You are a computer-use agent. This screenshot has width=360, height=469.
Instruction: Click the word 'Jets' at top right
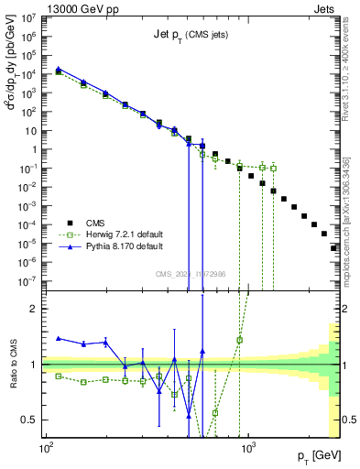coord(328,7)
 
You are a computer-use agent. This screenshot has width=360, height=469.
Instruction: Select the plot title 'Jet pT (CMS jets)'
coord(190,33)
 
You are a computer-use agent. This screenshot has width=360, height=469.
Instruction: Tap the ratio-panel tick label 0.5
coord(31,420)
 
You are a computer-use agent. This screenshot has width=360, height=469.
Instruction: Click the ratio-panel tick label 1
coord(35,365)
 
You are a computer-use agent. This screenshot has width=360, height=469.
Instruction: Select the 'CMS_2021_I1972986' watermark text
coord(191,272)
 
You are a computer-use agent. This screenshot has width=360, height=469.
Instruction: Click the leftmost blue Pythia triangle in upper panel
coord(59,69)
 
